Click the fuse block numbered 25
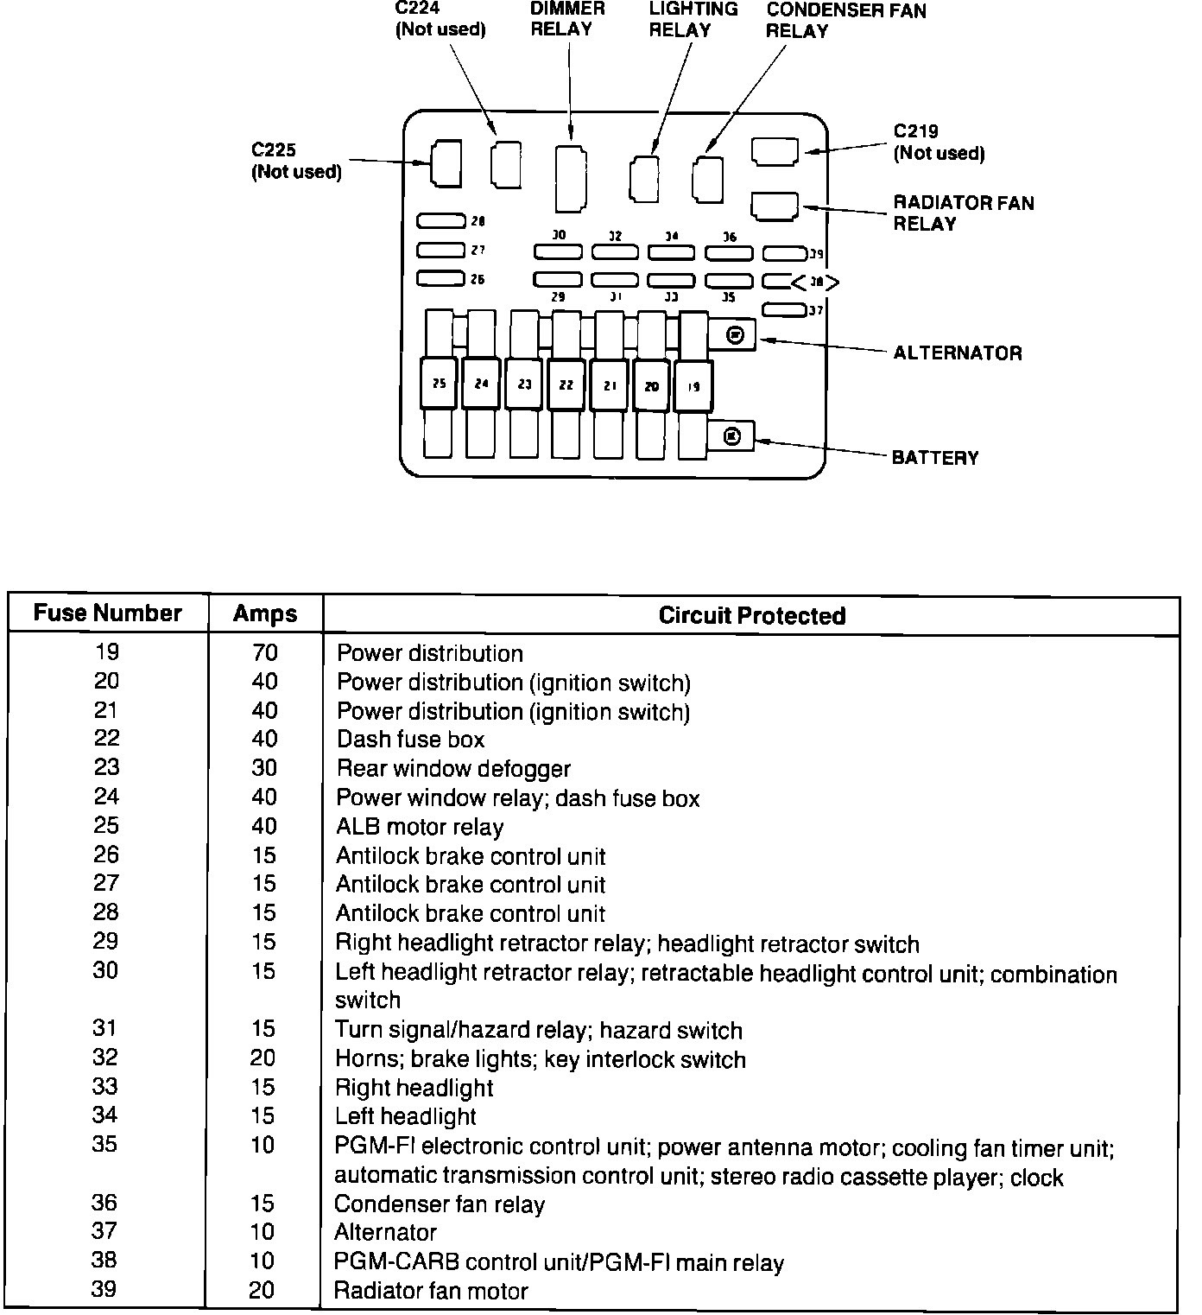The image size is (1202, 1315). tap(439, 383)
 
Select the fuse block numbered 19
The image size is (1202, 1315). tap(693, 387)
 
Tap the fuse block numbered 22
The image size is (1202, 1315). tap(566, 384)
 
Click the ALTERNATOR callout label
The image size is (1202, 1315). tap(957, 353)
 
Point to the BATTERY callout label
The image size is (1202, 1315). tap(935, 457)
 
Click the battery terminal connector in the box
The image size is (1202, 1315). tap(731, 436)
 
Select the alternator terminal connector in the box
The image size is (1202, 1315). tap(734, 335)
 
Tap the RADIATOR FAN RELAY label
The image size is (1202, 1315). tap(963, 213)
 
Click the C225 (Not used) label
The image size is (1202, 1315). tap(296, 161)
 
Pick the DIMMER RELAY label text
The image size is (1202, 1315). tap(567, 19)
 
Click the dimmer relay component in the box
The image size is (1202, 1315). tap(570, 178)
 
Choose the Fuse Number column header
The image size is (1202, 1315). tap(108, 613)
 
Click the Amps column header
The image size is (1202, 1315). tap(265, 614)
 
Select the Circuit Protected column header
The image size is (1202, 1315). tap(751, 615)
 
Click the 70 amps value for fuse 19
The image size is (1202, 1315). tap(265, 653)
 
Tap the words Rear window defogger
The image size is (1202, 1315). tap(453, 769)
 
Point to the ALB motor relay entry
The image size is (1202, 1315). tap(420, 827)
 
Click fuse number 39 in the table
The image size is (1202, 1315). tap(104, 1289)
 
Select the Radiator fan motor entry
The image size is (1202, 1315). tap(431, 1291)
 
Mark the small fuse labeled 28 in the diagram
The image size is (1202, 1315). tap(440, 221)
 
